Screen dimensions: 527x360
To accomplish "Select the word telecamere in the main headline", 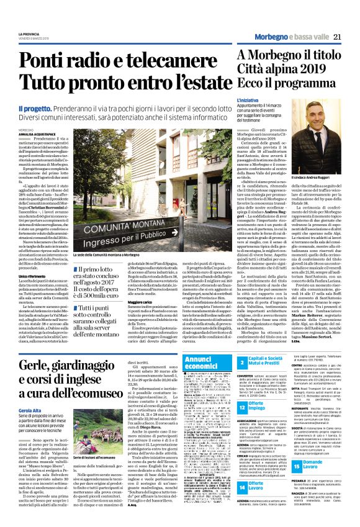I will [168, 63].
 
